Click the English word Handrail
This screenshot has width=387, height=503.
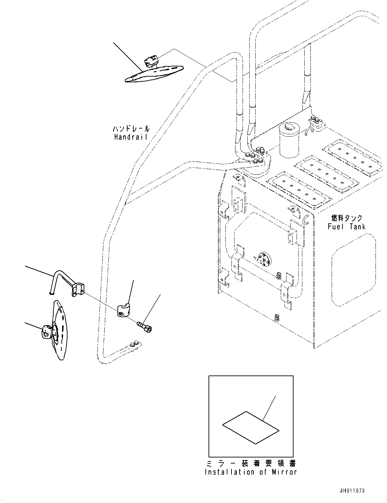point(132,137)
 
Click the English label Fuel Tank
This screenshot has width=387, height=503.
point(347,226)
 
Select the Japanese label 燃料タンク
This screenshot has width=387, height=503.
point(347,218)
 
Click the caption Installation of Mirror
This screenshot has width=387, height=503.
point(251,472)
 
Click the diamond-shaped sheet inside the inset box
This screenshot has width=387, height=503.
point(251,427)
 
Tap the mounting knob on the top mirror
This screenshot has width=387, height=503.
point(151,62)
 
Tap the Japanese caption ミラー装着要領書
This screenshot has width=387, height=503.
point(251,464)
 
